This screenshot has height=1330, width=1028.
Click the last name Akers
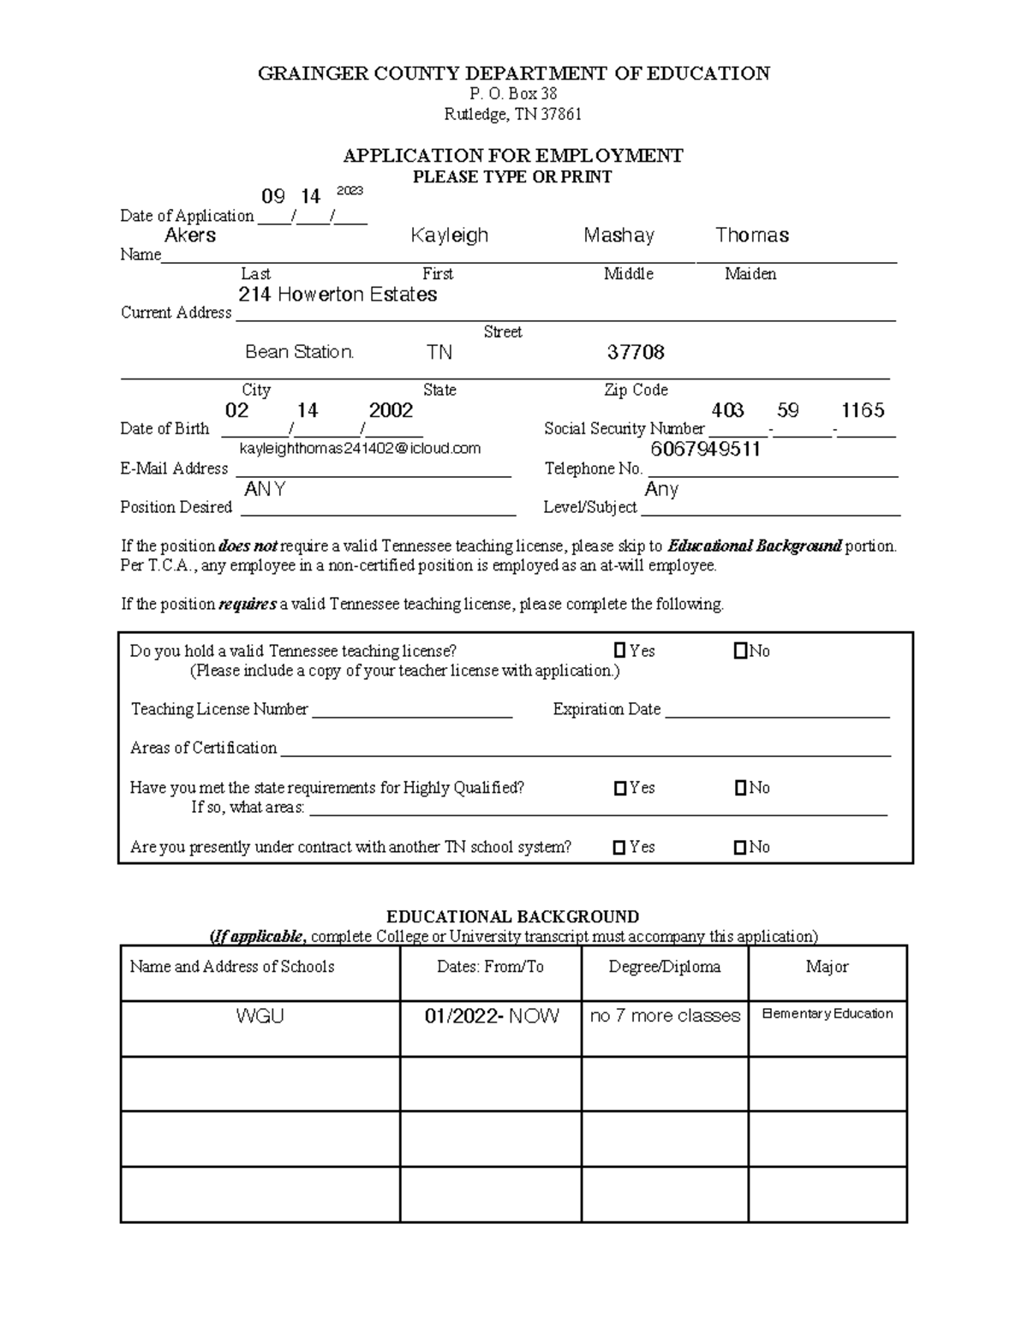coord(190,236)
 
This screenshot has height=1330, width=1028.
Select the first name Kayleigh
coord(449,236)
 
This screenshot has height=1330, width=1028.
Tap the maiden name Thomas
coord(751,236)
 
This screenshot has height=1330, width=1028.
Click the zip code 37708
coord(636,352)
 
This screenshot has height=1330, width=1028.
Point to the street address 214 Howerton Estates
coord(338,295)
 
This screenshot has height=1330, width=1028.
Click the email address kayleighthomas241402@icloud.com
coord(360,449)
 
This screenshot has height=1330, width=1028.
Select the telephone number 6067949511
coord(705,450)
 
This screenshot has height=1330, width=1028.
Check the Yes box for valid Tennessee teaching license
coord(619,652)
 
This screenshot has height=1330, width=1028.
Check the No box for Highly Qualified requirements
coord(740,788)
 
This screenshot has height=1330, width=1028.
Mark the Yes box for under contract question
coord(619,848)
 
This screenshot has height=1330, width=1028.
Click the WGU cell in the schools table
coord(260,1017)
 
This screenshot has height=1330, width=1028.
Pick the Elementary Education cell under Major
coord(827,1014)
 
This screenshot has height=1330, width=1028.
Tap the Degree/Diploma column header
coord(664,967)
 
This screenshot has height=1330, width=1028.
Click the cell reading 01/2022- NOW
coord(492,1017)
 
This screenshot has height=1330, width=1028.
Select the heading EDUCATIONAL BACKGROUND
coord(512,916)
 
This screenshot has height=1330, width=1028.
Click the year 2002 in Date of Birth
coord(391,410)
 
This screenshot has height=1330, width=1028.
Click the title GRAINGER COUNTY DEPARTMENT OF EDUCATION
coord(514,74)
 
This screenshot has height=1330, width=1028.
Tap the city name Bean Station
coord(299,352)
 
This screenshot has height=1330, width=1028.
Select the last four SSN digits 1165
coord(863,410)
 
